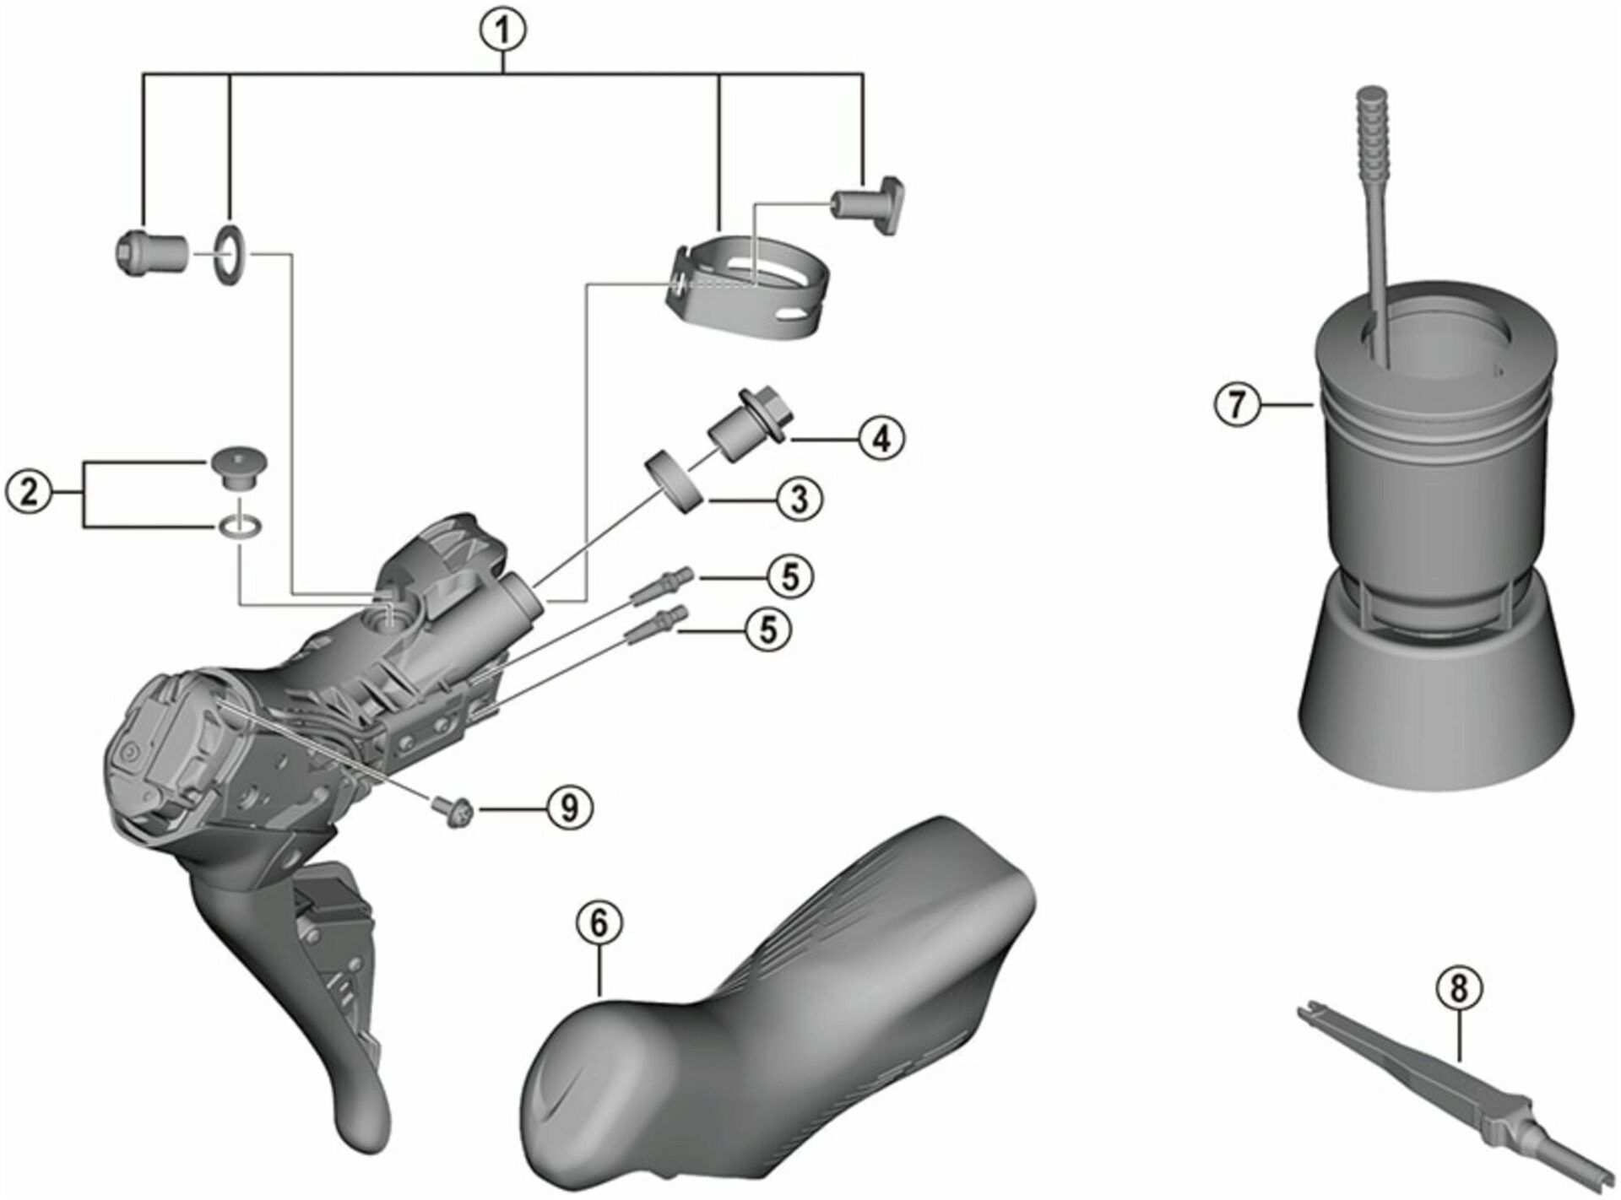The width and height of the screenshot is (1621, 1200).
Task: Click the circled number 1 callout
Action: coord(505,33)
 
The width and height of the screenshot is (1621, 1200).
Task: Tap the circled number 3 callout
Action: coord(799,498)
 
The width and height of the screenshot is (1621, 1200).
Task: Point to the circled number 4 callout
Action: coord(881,437)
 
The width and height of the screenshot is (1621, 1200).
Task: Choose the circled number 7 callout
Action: coord(1237,405)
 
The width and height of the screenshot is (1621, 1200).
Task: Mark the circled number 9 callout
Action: coord(569,808)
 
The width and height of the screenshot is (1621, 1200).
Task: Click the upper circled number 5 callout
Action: coord(789,576)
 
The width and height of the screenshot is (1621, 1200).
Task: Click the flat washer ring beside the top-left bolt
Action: coord(229,255)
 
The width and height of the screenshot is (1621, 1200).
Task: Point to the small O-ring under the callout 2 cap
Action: coord(239,528)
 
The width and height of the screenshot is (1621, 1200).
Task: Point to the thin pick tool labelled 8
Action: coord(1452,1089)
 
